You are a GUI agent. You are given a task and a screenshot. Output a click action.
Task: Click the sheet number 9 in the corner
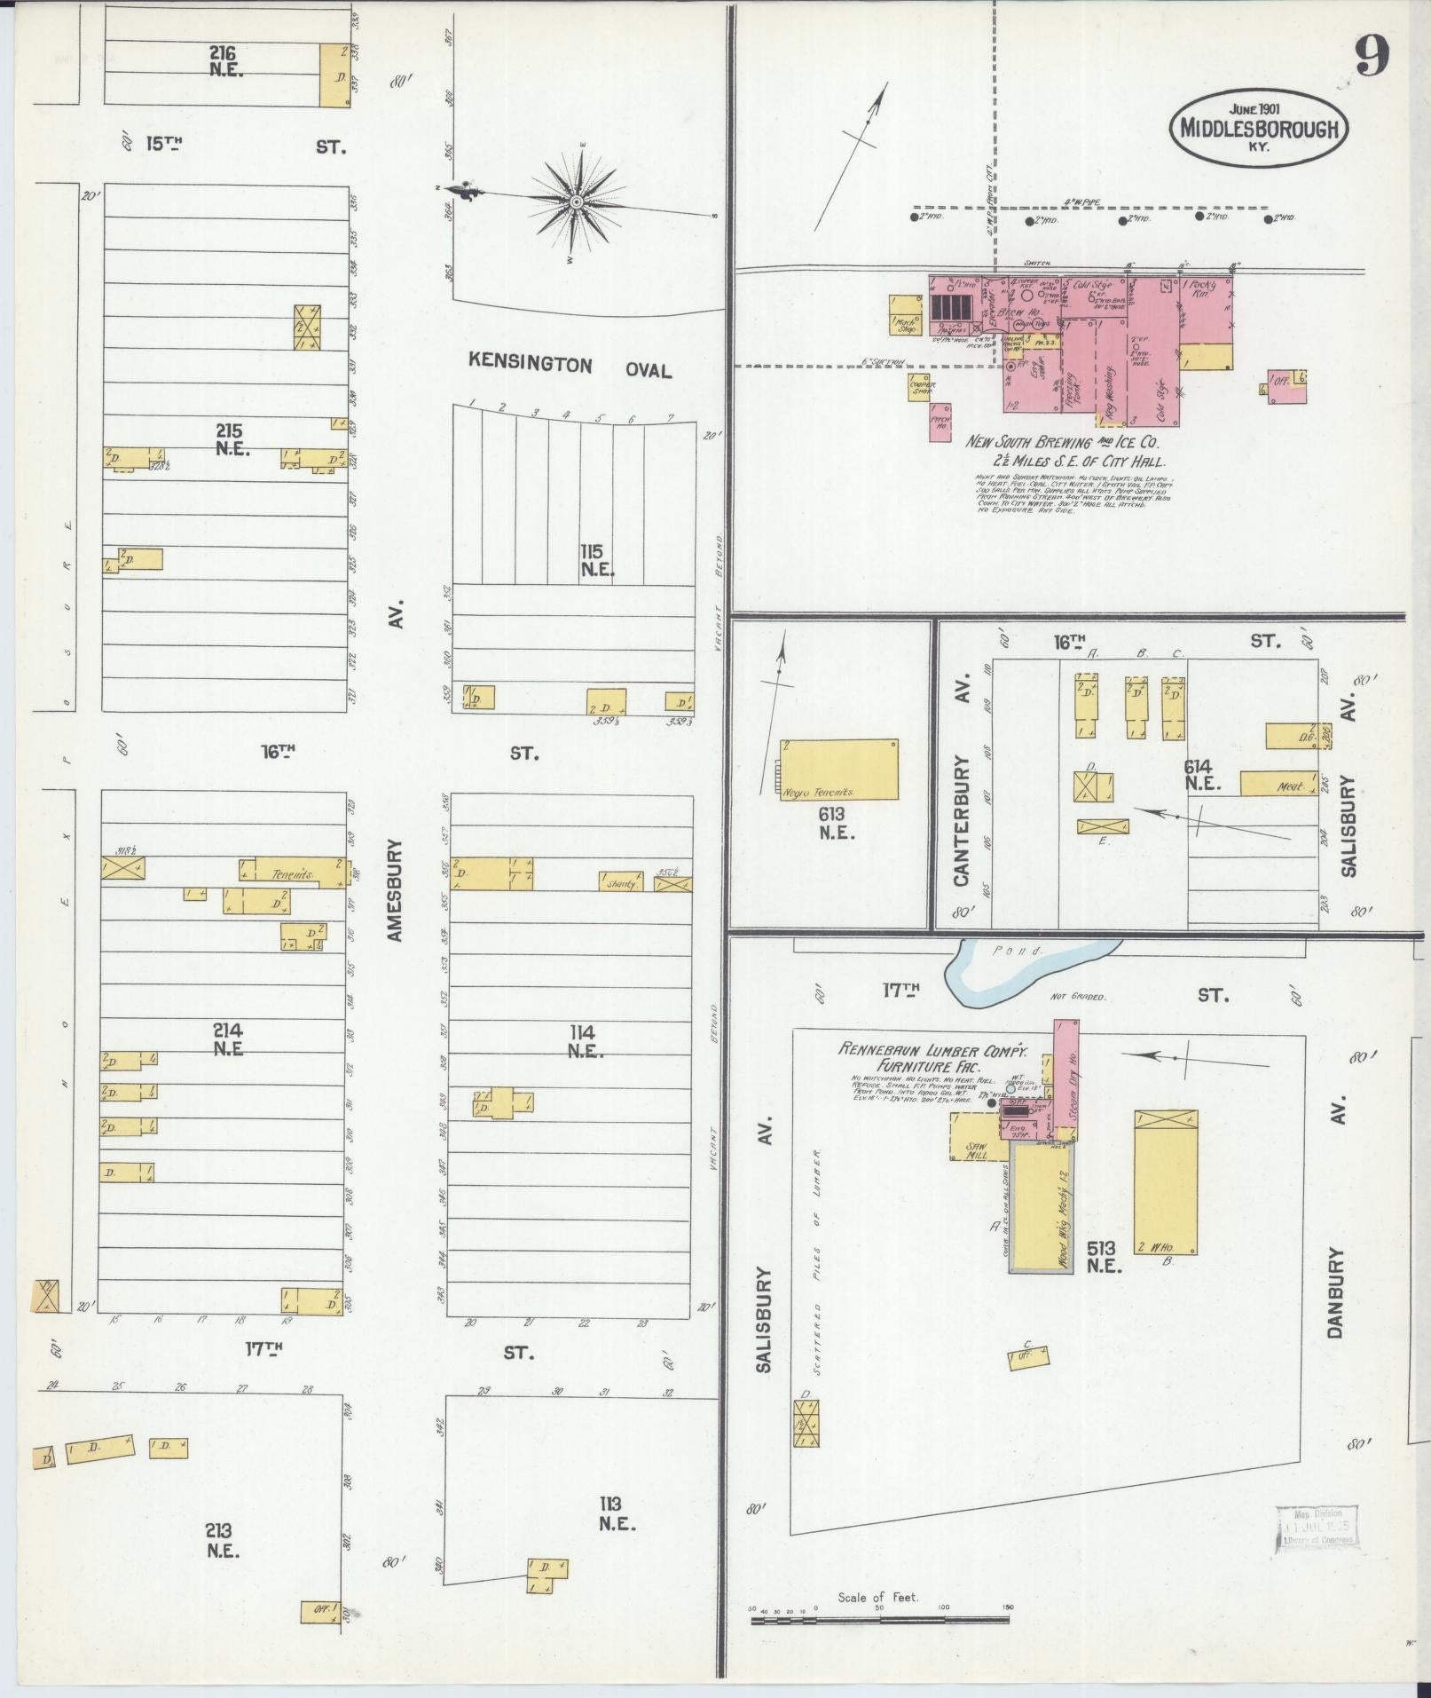pyautogui.click(x=1371, y=59)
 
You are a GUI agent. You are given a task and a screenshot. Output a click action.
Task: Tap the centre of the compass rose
pyautogui.click(x=576, y=203)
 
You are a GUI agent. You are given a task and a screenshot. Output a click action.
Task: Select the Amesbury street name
pyautogui.click(x=396, y=890)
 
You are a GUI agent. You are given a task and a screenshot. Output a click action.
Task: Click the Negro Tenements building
pyautogui.click(x=838, y=769)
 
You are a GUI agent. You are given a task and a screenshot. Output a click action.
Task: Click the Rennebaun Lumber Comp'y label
pyautogui.click(x=932, y=1049)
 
